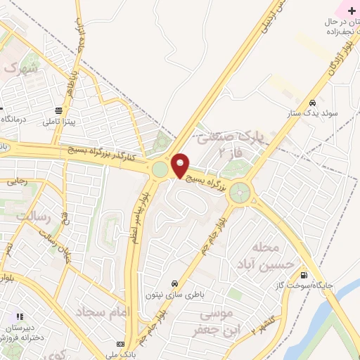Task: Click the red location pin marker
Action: [x=180, y=165]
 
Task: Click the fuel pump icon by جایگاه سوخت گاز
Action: [x=304, y=275]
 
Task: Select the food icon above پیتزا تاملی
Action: [x=59, y=110]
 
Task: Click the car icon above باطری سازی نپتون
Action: [x=165, y=283]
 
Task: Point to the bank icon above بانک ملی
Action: [x=121, y=345]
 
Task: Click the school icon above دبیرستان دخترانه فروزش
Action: [x=20, y=317]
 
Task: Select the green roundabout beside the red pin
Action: [x=160, y=169]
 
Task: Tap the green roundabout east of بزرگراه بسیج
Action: [x=240, y=191]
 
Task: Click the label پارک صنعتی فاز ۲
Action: [x=223, y=145]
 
